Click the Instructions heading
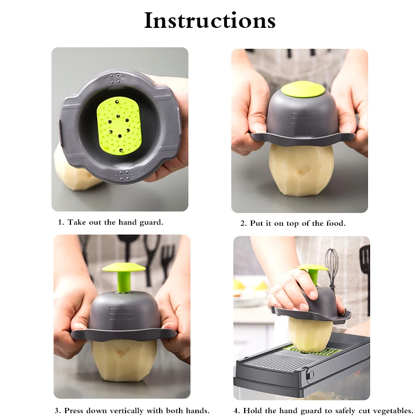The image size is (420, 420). pos(209,20)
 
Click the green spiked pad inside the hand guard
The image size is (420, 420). pos(118,127)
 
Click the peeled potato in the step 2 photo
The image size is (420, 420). pos(301,170)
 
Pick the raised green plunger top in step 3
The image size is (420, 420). pos(124,267)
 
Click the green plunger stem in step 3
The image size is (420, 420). pos(124,282)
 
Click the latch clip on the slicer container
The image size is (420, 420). pos(311,374)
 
